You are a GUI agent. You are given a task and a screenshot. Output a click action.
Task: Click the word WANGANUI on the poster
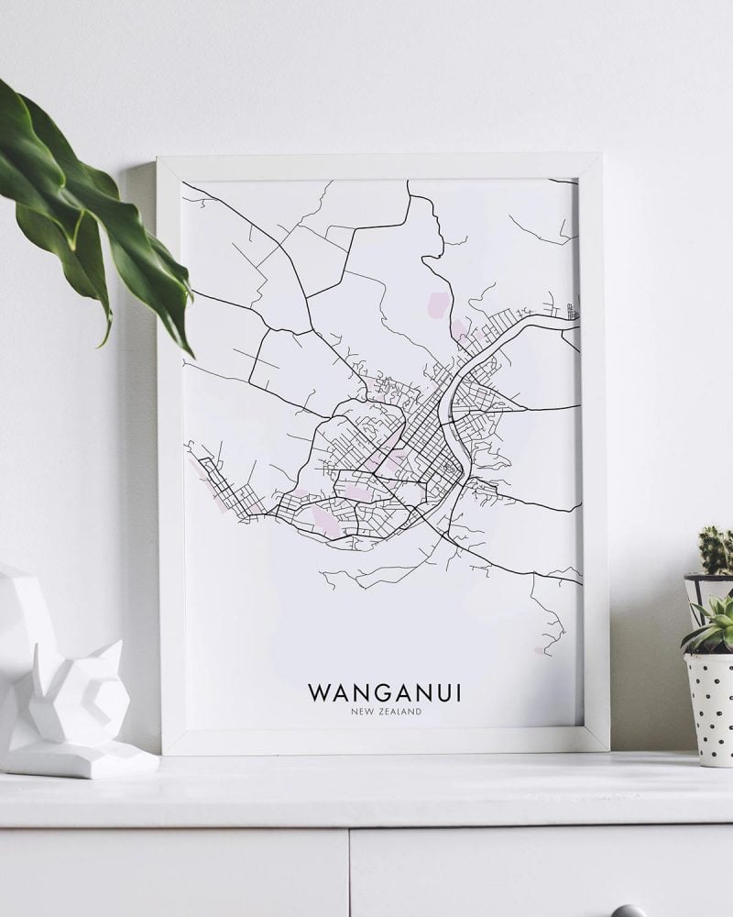point(384,692)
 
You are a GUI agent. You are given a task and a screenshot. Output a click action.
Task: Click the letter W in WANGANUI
point(318,692)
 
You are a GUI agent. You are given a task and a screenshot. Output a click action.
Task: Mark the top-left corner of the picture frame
point(159,159)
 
